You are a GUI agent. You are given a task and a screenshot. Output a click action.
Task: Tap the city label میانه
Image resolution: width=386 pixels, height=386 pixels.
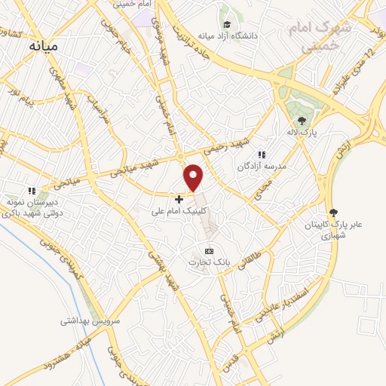click(43, 46)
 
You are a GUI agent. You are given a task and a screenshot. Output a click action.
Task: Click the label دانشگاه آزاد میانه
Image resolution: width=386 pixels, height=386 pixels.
click(228, 35)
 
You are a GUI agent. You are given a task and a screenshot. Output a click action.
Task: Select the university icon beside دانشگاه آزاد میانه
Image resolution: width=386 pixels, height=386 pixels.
click(225, 23)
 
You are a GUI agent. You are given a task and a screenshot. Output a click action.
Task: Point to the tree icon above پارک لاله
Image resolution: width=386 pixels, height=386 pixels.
click(302, 120)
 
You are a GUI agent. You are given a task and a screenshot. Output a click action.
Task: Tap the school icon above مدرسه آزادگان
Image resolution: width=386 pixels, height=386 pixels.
click(262, 155)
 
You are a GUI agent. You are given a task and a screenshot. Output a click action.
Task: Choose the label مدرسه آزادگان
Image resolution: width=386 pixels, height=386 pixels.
click(259, 165)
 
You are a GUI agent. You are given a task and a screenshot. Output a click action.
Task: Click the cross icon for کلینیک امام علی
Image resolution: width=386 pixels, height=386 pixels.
click(179, 199)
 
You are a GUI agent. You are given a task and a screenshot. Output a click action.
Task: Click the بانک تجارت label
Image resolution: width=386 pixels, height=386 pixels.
click(208, 262)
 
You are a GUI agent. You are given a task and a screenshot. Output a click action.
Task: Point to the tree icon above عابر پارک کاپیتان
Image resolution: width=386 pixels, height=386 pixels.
click(333, 213)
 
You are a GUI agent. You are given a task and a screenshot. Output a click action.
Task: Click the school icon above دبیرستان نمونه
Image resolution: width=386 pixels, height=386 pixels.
click(31, 191)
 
